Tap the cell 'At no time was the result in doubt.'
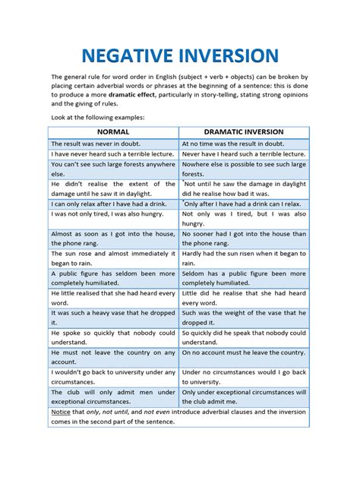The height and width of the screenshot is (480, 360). (232, 143)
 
